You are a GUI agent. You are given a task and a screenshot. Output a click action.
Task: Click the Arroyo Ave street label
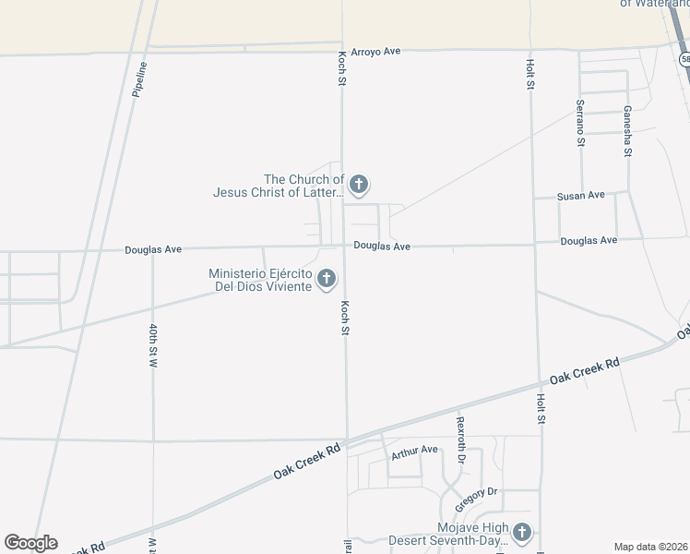(375, 52)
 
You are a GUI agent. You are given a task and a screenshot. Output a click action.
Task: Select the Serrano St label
(580, 123)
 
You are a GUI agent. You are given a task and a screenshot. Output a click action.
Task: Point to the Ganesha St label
(627, 130)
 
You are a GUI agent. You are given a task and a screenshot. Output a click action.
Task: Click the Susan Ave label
(580, 196)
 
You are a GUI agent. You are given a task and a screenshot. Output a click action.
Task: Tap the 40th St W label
(154, 346)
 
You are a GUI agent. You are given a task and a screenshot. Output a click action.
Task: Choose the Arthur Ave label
(414, 451)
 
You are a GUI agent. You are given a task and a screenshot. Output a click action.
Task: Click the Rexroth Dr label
(461, 439)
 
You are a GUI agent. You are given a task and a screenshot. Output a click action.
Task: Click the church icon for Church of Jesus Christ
(359, 185)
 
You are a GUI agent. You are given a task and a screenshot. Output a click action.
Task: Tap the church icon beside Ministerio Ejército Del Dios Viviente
(327, 278)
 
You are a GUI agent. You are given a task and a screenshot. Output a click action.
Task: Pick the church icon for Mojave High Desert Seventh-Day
(522, 532)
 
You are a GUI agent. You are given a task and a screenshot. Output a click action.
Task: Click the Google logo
(30, 543)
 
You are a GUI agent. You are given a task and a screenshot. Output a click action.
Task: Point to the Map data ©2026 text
(650, 547)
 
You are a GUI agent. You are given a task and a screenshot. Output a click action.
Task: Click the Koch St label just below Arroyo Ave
(341, 68)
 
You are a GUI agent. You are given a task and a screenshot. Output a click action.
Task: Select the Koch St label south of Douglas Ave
(346, 318)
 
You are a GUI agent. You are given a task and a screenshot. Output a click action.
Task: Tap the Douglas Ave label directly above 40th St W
(154, 249)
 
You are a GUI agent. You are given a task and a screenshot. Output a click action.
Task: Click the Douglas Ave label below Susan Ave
(589, 241)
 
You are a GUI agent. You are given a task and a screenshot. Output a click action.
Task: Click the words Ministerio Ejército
(260, 273)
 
